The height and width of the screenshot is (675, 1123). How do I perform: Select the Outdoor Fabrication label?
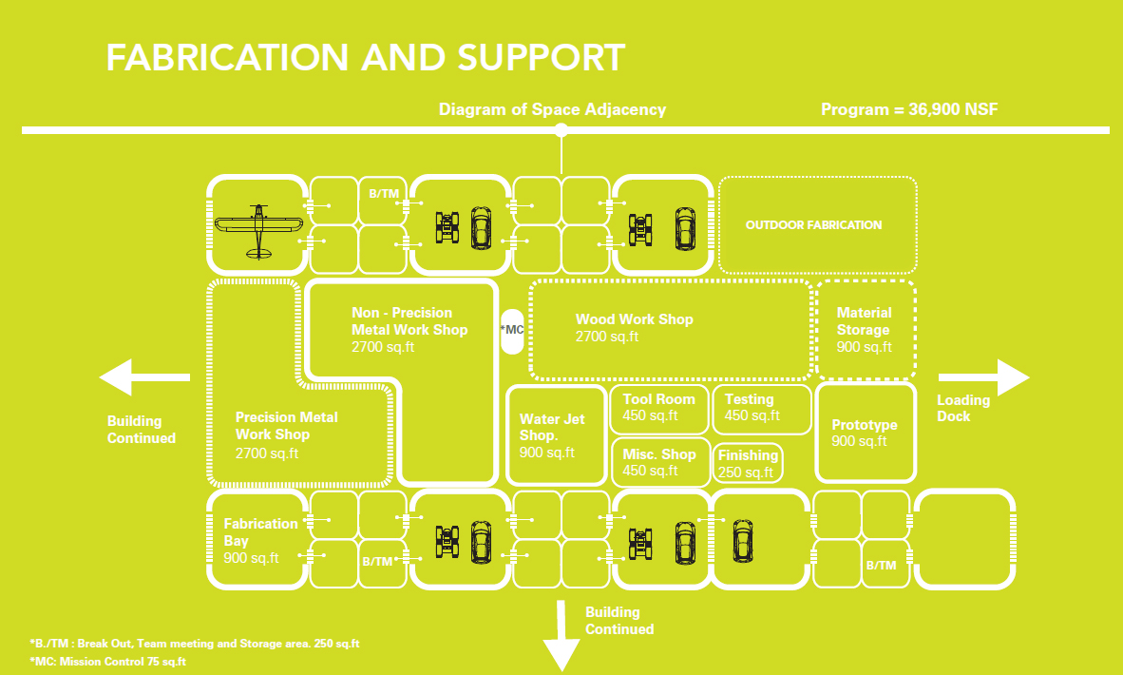(x=814, y=225)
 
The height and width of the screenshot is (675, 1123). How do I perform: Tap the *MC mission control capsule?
(x=512, y=330)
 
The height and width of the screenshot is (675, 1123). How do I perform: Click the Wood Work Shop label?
(x=634, y=319)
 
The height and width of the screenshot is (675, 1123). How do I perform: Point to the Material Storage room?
(x=865, y=329)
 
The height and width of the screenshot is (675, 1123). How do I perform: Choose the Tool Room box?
(x=659, y=407)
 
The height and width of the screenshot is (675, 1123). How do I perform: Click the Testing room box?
(x=762, y=407)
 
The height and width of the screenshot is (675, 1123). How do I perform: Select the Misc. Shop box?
(x=659, y=462)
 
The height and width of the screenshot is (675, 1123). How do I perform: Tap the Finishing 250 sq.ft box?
(x=749, y=464)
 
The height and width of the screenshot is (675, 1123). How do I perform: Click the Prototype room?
(x=865, y=433)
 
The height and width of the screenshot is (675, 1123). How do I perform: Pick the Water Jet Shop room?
(x=556, y=435)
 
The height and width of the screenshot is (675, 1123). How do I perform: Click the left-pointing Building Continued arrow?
(x=143, y=378)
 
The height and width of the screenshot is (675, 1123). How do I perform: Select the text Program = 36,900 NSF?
(x=909, y=109)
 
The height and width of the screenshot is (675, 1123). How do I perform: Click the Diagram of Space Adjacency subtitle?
(x=552, y=109)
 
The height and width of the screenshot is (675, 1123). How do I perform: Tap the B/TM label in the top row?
(x=384, y=194)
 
